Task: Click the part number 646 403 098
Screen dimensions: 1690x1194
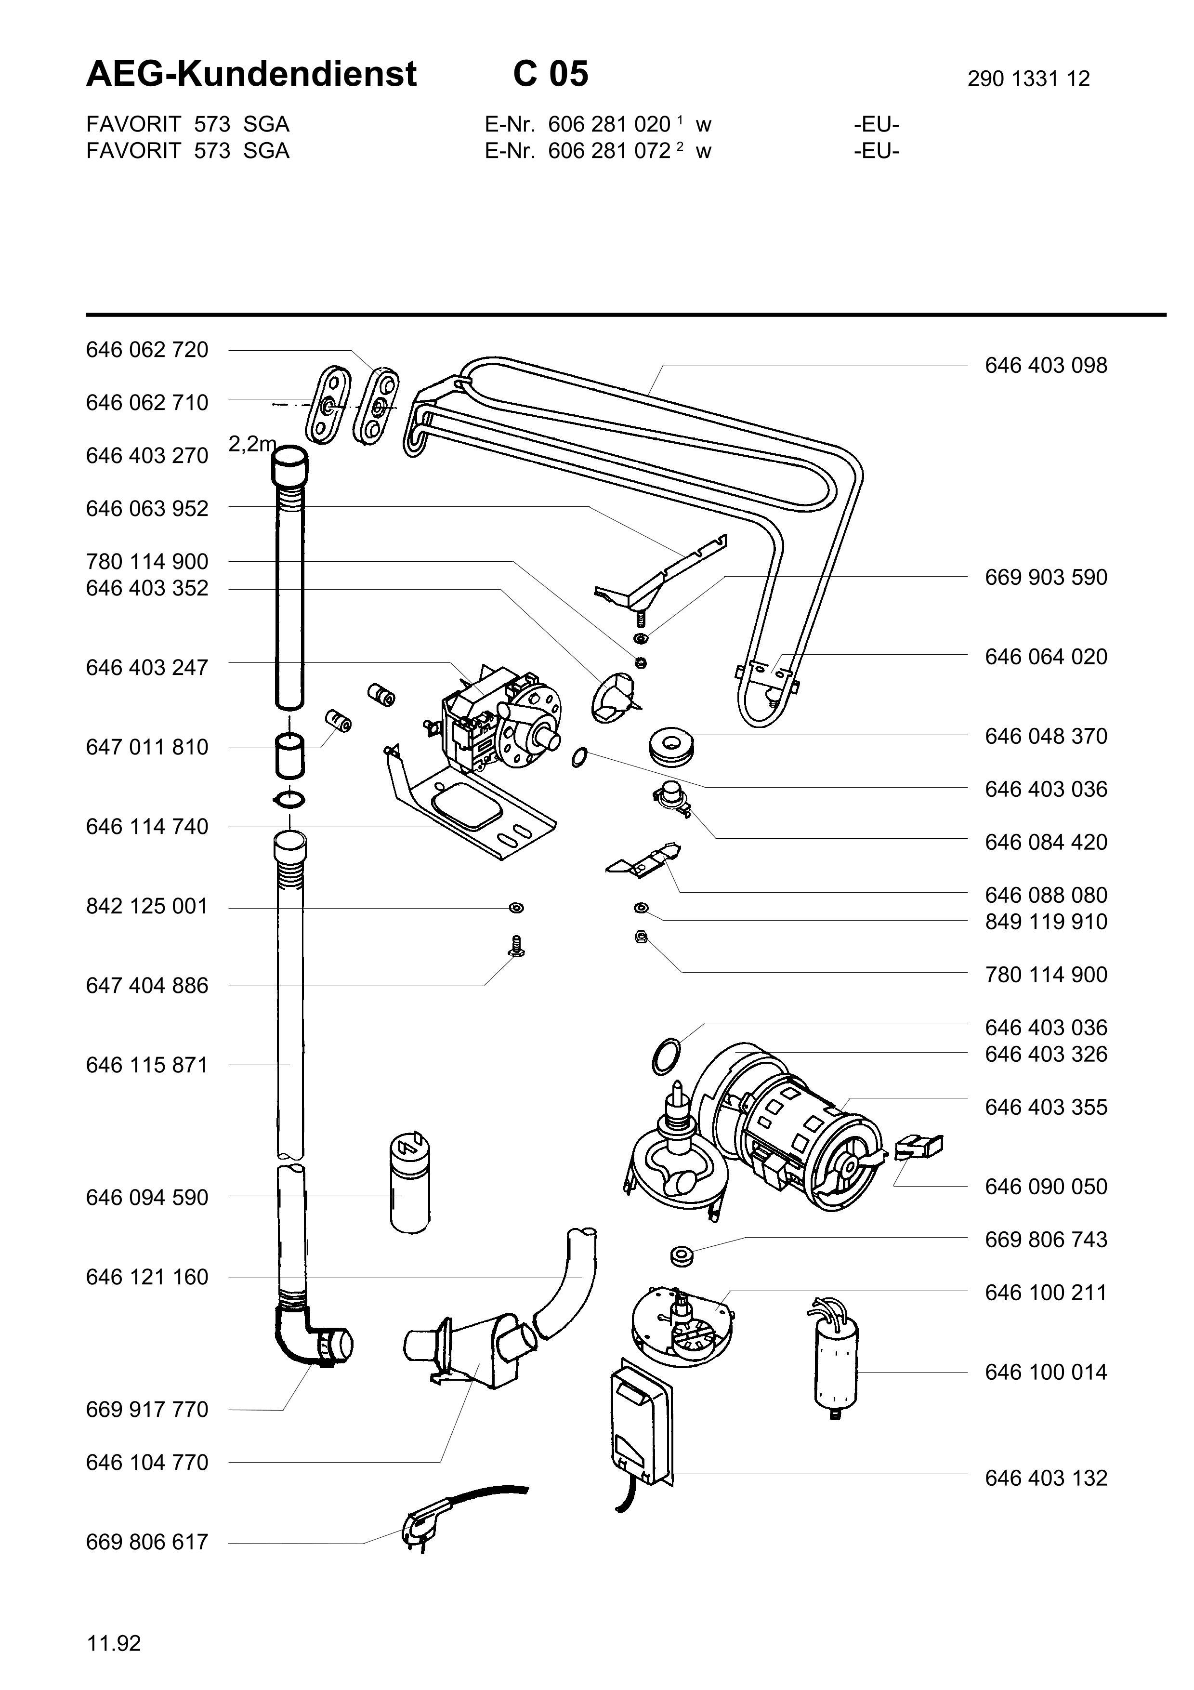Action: click(x=1045, y=365)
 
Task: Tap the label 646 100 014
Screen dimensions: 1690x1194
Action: click(x=1045, y=1372)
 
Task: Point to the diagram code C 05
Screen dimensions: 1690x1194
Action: click(x=551, y=74)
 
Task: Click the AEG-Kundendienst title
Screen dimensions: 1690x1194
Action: click(x=251, y=74)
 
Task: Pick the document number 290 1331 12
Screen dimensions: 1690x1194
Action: click(x=1028, y=79)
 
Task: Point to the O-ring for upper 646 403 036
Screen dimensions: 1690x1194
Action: click(x=580, y=757)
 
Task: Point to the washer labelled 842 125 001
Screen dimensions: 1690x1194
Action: click(x=516, y=908)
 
